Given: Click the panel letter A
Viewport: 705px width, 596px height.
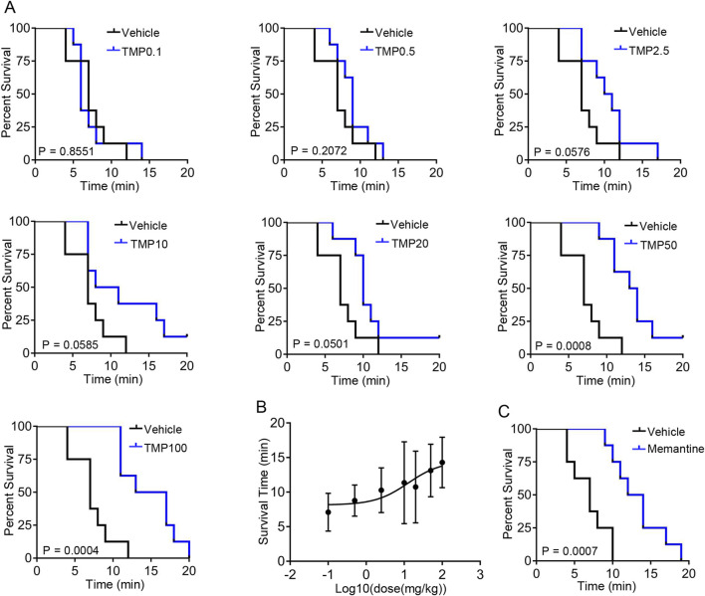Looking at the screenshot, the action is point(9,7).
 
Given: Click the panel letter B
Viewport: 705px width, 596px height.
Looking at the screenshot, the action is point(261,407).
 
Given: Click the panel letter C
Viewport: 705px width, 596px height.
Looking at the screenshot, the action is point(504,411).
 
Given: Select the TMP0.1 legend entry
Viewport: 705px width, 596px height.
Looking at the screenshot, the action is point(141,52).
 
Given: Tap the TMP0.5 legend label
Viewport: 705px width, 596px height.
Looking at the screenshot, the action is point(395,51).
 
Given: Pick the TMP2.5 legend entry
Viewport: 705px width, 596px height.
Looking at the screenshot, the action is point(649,51).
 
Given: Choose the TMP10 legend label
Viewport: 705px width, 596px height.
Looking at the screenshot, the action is point(149,244).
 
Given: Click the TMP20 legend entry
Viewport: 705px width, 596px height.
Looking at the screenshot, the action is point(410,244).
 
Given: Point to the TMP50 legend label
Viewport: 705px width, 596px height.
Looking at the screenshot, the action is point(658,245).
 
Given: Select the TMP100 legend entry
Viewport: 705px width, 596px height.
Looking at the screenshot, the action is point(165,448).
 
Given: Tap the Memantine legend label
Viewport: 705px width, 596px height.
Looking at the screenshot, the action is point(676,449).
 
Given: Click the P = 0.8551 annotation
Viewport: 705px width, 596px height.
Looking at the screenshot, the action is point(66,151).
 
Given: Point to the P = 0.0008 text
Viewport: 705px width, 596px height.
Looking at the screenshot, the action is point(563,345).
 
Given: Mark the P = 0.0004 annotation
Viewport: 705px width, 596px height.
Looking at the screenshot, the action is point(71,550).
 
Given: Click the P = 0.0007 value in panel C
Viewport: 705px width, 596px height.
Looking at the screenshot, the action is point(570,550).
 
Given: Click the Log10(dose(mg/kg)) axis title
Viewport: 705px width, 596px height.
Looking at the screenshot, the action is point(390,588).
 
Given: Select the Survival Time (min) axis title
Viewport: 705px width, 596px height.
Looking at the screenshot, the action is point(263,492).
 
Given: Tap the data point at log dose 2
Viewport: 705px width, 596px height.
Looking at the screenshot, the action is point(442,462).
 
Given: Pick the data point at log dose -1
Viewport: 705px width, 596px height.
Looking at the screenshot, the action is point(329,512).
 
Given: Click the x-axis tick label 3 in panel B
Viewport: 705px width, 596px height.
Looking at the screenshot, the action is point(480,574).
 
